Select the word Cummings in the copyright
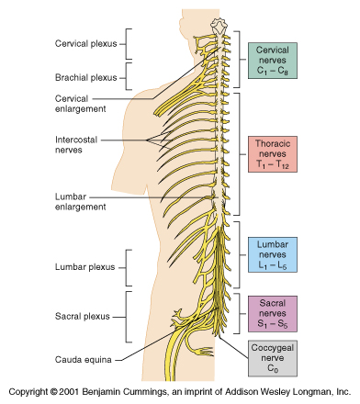[x=154, y=390]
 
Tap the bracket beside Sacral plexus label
[x=129, y=316]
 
